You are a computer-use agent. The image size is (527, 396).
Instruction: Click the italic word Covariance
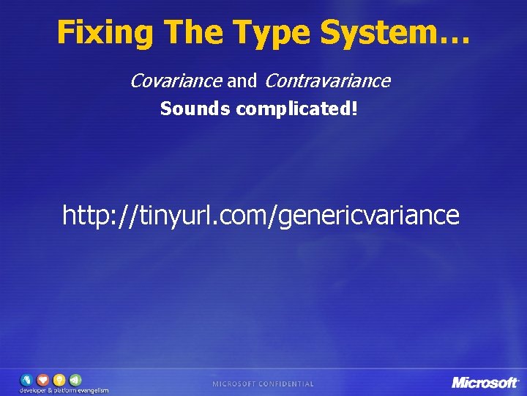coord(176,81)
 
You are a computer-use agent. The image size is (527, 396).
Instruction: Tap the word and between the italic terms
coord(242,81)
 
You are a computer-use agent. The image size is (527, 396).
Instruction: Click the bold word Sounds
coord(195,109)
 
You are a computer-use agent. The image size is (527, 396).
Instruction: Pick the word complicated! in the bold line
coord(297,109)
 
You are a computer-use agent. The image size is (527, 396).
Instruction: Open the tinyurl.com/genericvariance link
coord(261,216)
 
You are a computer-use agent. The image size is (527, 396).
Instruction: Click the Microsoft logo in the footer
coord(485,382)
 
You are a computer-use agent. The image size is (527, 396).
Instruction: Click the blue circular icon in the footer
coord(27,379)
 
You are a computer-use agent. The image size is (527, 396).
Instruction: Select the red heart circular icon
coord(43,379)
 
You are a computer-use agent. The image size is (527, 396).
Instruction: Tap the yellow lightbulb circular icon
coord(59,379)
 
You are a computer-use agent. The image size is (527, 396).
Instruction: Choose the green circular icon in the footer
coord(75,379)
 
